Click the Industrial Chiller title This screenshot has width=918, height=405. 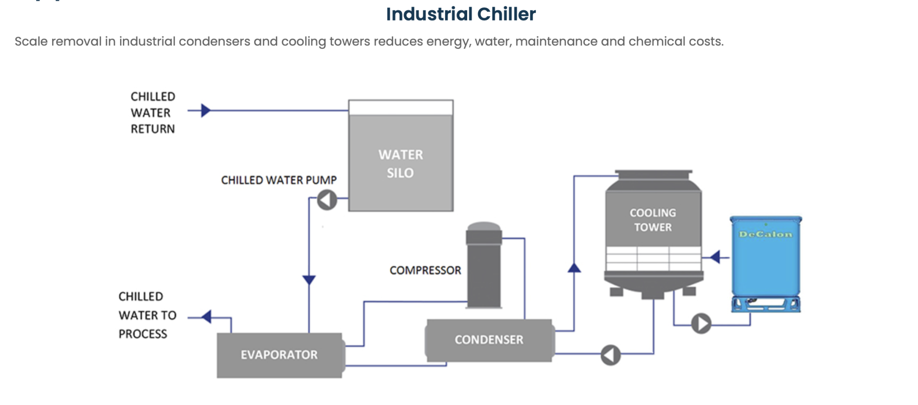point(461,14)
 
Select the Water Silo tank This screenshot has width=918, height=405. point(401,158)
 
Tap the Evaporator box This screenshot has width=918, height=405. point(280,355)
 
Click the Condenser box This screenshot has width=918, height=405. point(489,340)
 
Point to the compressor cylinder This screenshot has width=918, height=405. point(484,268)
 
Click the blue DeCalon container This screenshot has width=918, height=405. point(765,268)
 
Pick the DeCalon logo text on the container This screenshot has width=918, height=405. point(765,234)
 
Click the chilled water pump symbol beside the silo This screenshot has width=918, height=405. point(328,200)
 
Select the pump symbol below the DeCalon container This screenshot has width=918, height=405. point(701,324)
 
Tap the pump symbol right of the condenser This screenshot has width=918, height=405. point(611,355)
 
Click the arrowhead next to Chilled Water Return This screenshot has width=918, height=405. point(206,110)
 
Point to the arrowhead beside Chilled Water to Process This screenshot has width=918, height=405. point(207,317)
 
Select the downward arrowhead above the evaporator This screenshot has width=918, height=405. point(309,280)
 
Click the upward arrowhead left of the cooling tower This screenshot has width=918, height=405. point(574,268)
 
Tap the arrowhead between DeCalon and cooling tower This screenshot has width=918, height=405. point(715,257)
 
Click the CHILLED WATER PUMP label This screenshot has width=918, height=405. point(279,180)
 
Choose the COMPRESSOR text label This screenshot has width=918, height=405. point(425,271)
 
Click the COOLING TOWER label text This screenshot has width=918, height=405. point(653,220)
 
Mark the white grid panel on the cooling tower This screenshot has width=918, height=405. point(653,258)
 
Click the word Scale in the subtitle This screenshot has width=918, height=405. point(31,42)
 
